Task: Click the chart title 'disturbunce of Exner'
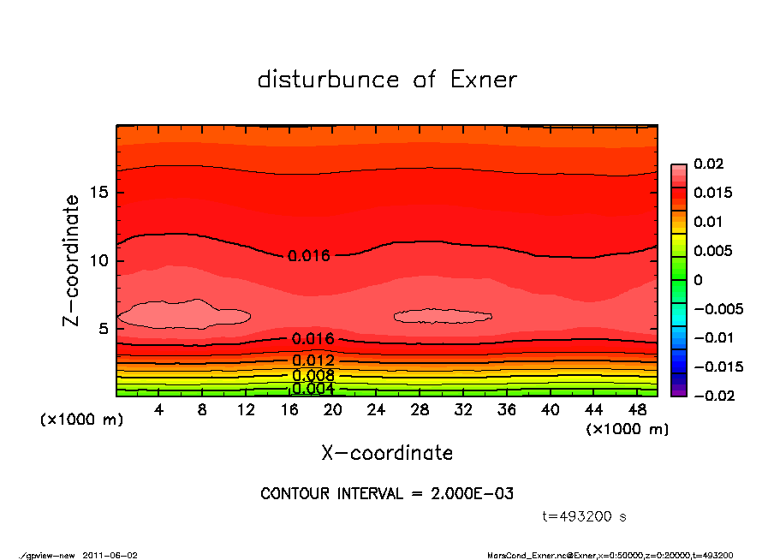[387, 80]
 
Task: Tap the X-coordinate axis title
[387, 452]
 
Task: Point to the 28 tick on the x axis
[420, 410]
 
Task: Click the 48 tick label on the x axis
[638, 410]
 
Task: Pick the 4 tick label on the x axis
[159, 410]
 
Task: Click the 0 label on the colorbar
[697, 279]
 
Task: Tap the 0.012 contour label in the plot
[313, 360]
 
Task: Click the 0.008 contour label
[313, 375]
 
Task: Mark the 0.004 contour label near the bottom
[313, 389]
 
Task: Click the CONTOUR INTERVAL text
[386, 494]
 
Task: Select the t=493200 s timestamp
[585, 516]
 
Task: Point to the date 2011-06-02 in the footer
[110, 555]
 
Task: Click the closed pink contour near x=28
[443, 316]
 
